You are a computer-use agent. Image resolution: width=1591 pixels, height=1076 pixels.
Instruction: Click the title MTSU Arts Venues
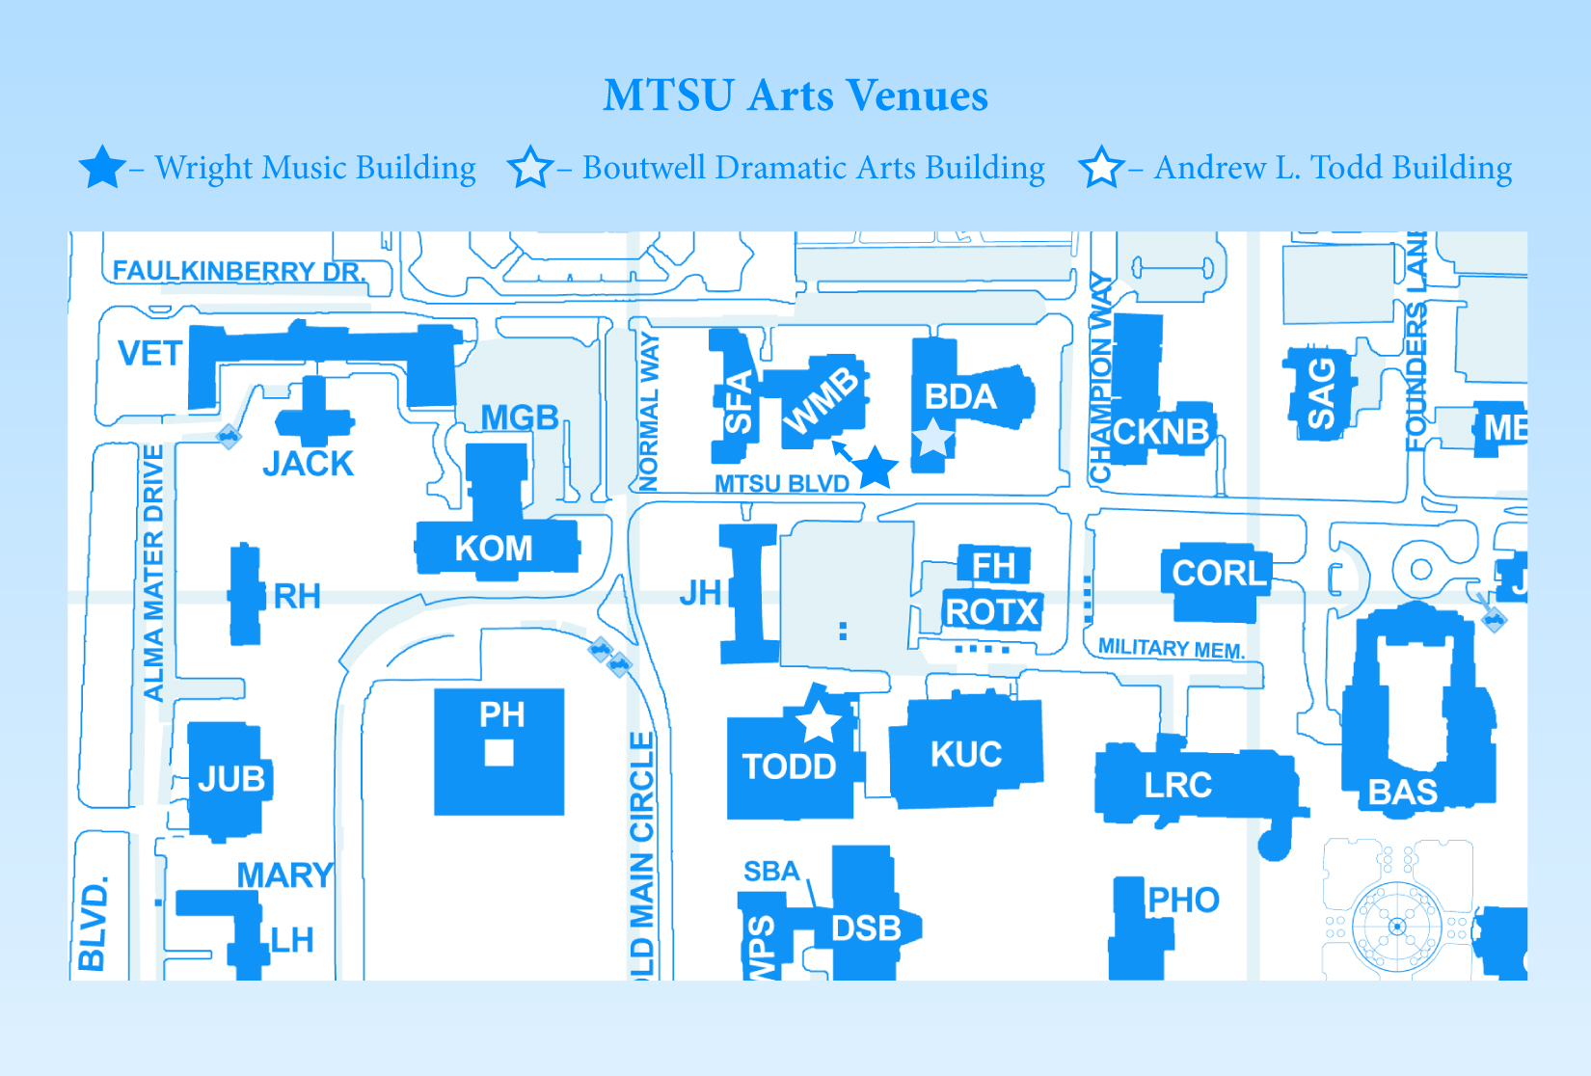(795, 95)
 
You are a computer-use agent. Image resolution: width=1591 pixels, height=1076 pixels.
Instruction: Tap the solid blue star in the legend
(101, 168)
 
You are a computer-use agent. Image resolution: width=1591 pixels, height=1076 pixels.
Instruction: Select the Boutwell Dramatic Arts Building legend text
(813, 168)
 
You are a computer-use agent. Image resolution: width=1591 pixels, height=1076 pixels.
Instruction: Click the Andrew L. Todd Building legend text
(1333, 168)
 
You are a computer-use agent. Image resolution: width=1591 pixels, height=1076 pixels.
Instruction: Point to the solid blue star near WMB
(876, 468)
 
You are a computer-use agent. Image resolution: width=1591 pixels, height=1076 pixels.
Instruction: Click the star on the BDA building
(932, 438)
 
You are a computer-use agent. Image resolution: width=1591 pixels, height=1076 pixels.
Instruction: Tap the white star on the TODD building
(818, 721)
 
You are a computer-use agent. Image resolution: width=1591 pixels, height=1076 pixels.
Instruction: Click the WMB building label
(821, 401)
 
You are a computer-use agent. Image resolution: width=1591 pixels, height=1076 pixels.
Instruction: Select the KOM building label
(494, 549)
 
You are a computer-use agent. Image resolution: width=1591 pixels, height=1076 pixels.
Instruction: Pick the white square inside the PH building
(499, 752)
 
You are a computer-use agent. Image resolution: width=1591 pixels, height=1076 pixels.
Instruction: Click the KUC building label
(966, 754)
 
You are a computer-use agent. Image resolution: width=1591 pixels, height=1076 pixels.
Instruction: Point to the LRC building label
(1177, 785)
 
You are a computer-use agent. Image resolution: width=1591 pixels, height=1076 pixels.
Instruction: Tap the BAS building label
(1403, 792)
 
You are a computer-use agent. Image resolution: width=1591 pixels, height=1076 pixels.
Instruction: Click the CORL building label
(1219, 573)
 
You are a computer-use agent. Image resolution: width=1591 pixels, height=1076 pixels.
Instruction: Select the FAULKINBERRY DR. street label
(239, 271)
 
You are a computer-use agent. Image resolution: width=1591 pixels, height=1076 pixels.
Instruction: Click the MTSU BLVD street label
(781, 483)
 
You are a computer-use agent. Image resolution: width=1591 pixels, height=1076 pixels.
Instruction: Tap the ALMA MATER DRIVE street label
(153, 573)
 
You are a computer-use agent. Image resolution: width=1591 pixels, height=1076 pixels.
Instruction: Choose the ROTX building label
(992, 611)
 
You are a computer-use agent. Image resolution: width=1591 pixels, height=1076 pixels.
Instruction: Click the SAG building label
(1320, 393)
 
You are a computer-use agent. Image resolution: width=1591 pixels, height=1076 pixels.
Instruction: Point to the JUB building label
(231, 778)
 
